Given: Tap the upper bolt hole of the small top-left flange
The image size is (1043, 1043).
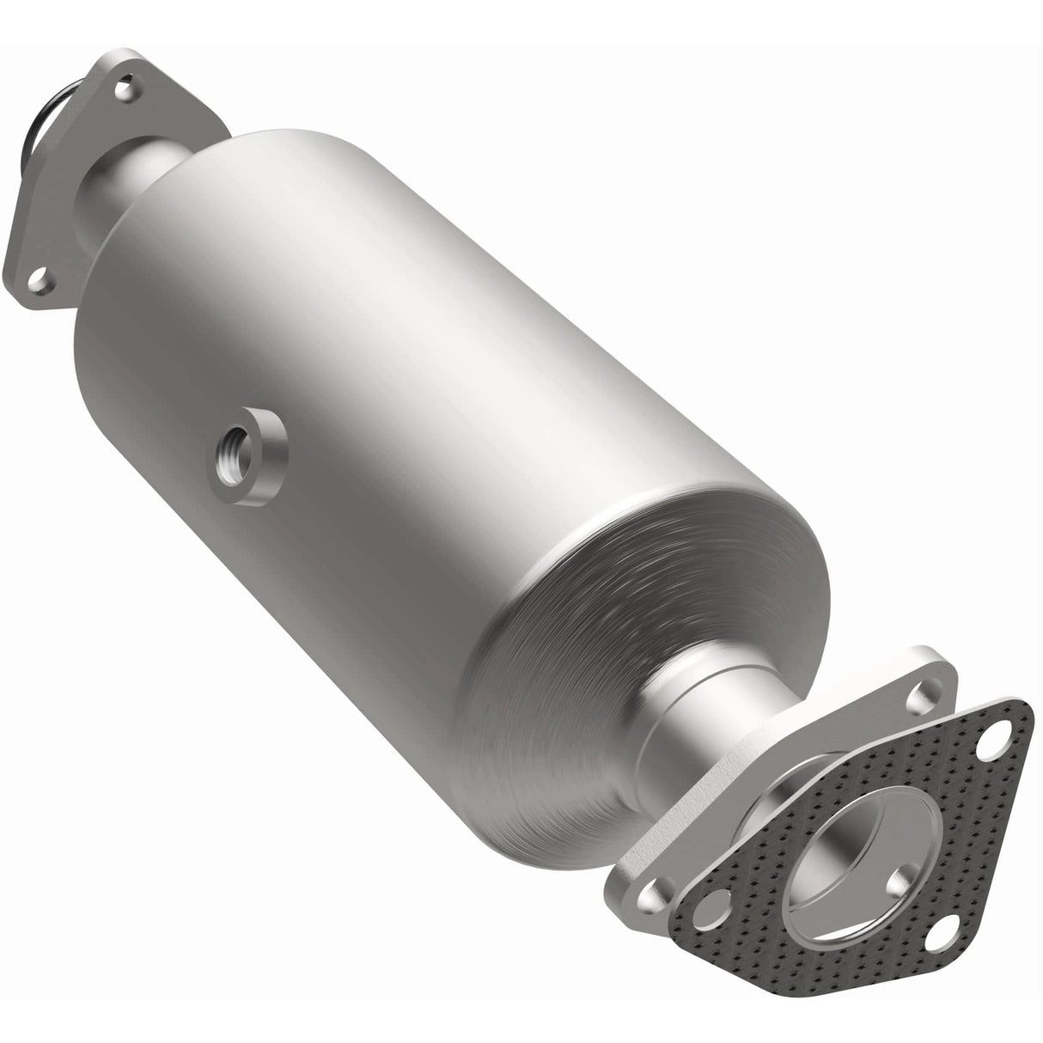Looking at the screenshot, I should (x=126, y=87).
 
